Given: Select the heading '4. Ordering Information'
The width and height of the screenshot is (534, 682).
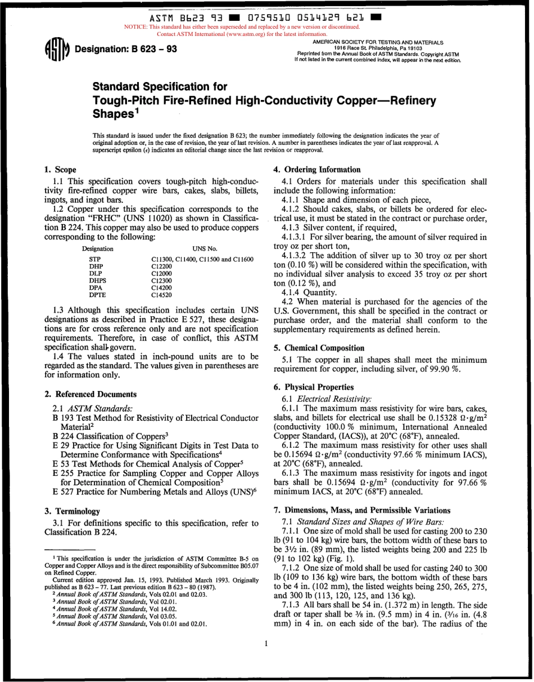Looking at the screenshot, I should pos(316,170).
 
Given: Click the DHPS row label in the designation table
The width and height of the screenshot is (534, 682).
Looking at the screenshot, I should pos(98,280).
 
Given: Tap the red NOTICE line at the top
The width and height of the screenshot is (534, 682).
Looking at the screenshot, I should pos(241,26).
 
